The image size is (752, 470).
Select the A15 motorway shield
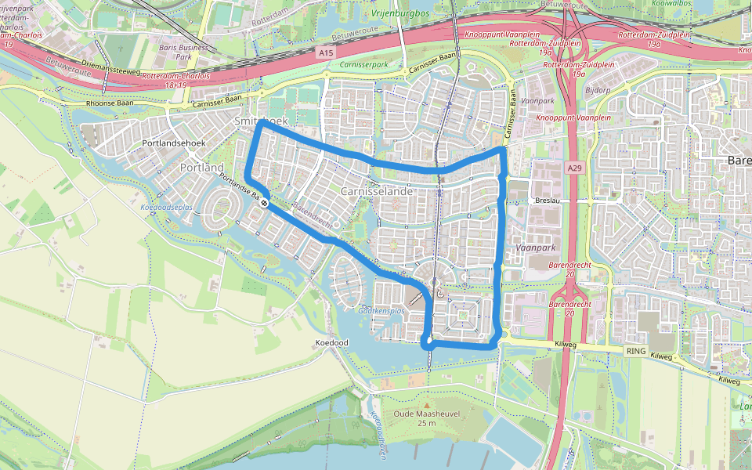coord(326,52)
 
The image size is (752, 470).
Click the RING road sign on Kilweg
coord(635,351)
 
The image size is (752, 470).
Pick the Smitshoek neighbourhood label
coord(261,122)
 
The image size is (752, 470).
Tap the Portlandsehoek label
coord(172,144)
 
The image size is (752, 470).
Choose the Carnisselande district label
coord(377,191)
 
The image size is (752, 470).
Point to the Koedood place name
coord(331,343)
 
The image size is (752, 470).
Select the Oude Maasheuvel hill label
coord(425,414)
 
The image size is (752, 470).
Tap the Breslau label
coord(547,200)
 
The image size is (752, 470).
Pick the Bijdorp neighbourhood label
coord(598,89)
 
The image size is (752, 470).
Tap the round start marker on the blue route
coord(266,203)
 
